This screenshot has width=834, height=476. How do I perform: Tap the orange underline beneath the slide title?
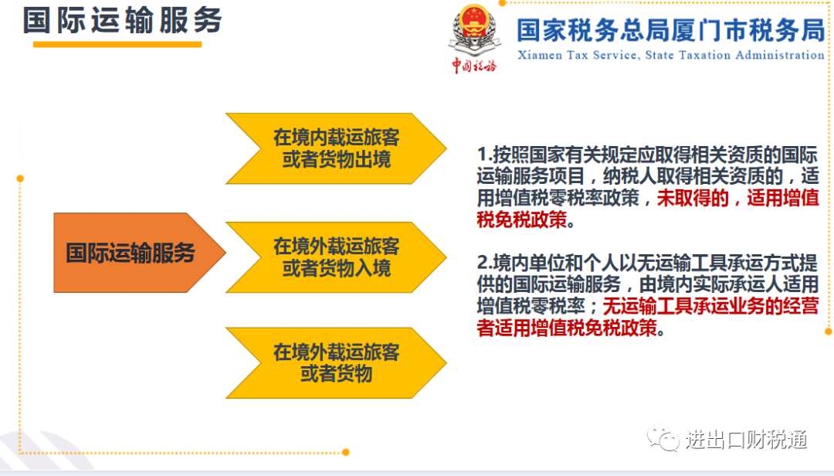tap(117, 45)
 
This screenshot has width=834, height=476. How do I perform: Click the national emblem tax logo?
tap(474, 30)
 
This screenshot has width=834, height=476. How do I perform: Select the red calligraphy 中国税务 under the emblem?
tap(474, 66)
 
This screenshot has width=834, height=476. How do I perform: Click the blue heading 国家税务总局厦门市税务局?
tap(671, 30)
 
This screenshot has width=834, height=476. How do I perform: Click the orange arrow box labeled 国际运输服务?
tap(139, 253)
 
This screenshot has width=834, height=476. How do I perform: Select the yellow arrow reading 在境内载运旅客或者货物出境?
tap(336, 148)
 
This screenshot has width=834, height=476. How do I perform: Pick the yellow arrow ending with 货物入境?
tap(336, 257)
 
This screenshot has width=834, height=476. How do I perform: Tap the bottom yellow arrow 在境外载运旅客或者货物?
tap(336, 362)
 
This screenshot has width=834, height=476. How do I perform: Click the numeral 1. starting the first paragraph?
tap(484, 155)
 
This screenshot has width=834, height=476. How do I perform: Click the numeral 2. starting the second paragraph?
tap(484, 263)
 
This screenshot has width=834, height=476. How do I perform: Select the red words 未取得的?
tap(693, 198)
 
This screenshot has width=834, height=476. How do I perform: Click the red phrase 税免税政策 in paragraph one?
tap(522, 219)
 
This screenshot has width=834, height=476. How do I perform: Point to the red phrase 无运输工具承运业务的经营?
tap(710, 306)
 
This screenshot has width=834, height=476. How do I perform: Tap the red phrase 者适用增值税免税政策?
tap(567, 328)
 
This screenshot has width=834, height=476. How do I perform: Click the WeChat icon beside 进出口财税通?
tap(663, 438)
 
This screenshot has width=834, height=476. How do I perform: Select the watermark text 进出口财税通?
tap(746, 440)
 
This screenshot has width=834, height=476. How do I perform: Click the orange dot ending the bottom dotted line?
tap(346, 452)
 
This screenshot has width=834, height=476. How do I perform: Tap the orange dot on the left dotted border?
tap(20, 178)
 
